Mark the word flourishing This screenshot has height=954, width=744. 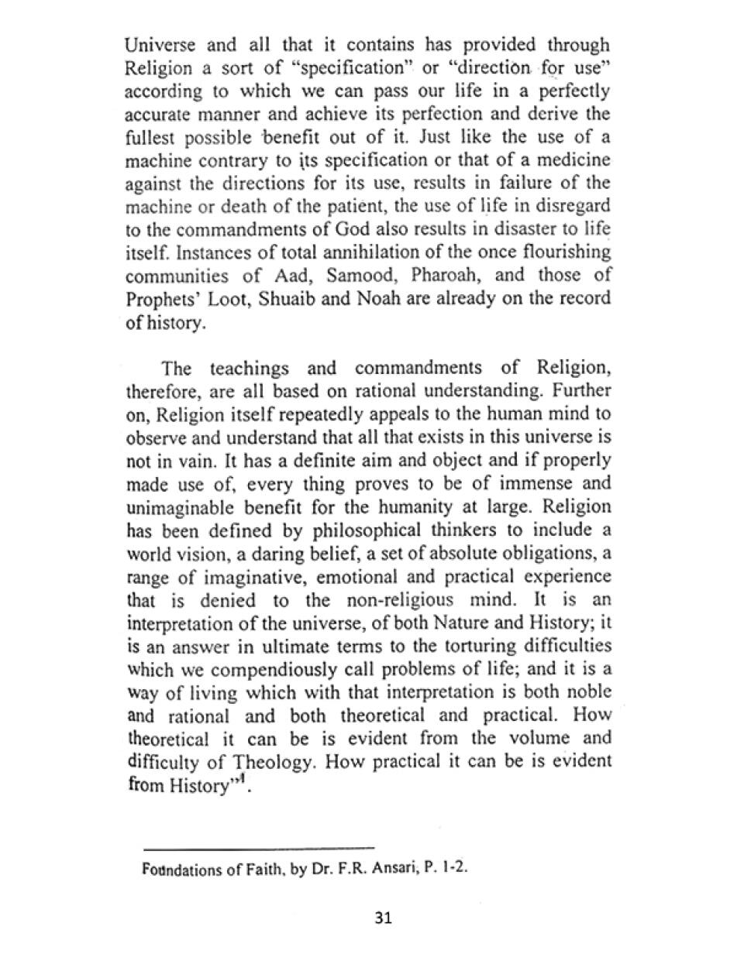pyautogui.click(x=561, y=253)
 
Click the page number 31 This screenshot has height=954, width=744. pyautogui.click(x=383, y=918)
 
